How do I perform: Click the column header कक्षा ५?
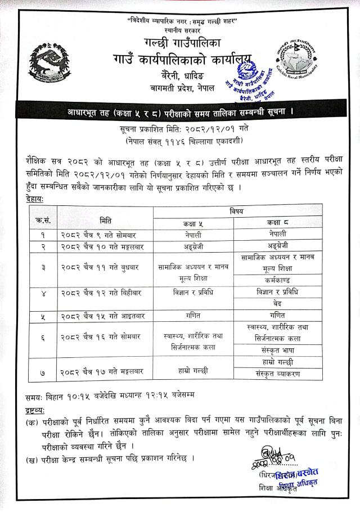click(x=191, y=223)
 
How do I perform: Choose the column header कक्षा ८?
click(x=278, y=223)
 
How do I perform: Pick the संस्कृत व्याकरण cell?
click(x=277, y=374)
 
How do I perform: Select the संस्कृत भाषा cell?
click(x=277, y=350)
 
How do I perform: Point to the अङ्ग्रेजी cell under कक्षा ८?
click(x=277, y=246)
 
